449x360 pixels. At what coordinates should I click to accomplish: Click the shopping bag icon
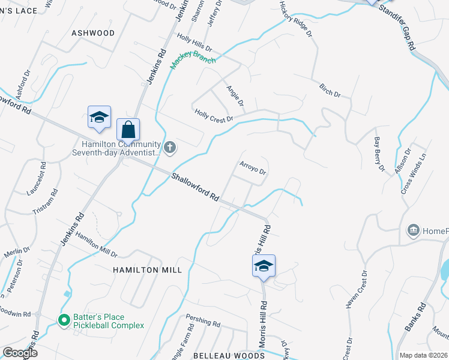[128, 129]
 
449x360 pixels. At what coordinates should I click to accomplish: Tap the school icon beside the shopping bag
[99, 117]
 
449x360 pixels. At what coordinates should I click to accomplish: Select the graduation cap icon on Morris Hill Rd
[264, 266]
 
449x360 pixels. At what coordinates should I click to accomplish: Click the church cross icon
[170, 147]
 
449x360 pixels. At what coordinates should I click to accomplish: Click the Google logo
[20, 352]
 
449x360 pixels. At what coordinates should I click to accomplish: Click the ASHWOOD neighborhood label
[93, 33]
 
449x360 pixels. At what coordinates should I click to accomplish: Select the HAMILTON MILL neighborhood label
[147, 270]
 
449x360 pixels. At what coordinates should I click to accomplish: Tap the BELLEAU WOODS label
[229, 356]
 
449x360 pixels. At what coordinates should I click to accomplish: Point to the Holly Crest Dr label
[213, 115]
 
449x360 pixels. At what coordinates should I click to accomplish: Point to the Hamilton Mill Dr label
[97, 244]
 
